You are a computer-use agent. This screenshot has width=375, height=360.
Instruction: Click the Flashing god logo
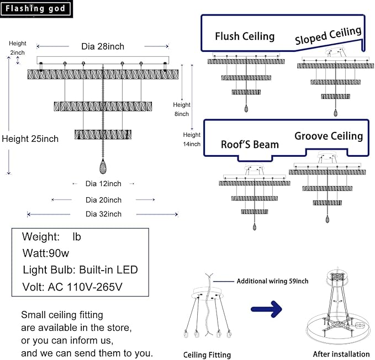36,9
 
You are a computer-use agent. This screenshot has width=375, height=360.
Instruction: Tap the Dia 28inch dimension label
103,46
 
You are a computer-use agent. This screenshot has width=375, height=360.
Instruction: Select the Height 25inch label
30,139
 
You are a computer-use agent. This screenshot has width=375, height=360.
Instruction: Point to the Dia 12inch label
103,183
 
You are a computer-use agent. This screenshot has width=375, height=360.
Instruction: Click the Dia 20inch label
103,200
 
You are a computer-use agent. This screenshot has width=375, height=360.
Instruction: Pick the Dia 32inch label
103,214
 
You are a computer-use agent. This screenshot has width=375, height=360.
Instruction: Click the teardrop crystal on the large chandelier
103,166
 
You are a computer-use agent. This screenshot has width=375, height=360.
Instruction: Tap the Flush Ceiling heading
245,36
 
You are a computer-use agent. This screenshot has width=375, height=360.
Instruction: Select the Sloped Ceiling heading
328,35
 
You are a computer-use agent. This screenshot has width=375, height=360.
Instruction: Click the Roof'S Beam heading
250,144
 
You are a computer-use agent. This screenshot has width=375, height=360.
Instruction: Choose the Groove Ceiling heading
329,136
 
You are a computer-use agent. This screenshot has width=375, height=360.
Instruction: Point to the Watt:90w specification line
46,253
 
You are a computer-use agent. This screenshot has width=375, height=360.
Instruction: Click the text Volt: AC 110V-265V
72,287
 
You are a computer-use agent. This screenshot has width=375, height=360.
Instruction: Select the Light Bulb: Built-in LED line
80,269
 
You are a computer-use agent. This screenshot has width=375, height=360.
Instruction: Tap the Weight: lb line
51,237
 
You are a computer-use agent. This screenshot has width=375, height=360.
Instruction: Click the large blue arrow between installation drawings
266,309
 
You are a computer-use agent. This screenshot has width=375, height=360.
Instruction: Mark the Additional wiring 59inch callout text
272,281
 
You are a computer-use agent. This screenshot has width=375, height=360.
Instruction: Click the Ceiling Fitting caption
207,355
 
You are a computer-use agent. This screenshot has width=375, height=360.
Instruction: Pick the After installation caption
341,354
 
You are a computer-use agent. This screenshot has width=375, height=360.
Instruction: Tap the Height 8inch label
182,109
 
